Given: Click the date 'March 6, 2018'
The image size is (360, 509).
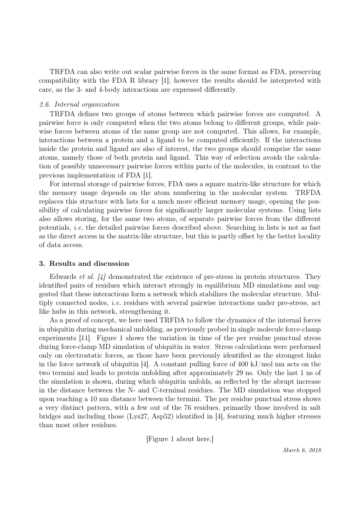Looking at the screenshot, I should [x=302, y=450].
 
